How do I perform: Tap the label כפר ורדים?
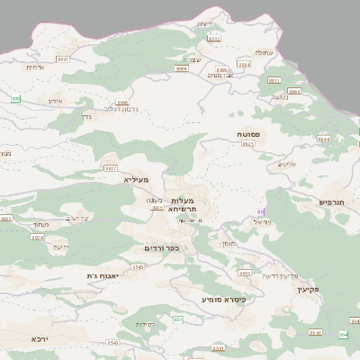(x=162, y=248)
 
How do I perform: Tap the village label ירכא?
(x=38, y=339)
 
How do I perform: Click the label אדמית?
(x=35, y=67)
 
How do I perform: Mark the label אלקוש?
(x=287, y=165)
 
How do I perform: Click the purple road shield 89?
(x=261, y=212)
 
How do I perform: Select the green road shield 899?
(x=16, y=98)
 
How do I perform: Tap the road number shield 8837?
(x=111, y=168)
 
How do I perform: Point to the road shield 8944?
(x=323, y=140)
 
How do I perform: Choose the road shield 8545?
(x=138, y=267)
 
